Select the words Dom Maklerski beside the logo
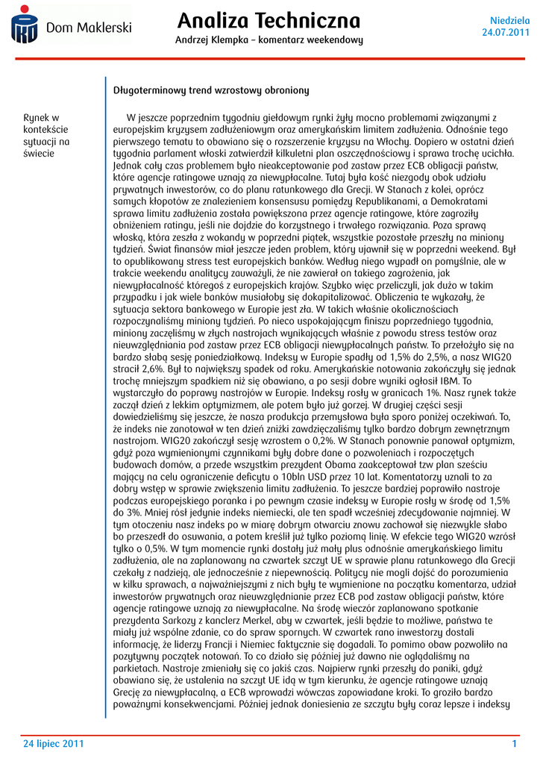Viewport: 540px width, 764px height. point(89,28)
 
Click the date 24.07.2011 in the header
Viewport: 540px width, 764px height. point(506,32)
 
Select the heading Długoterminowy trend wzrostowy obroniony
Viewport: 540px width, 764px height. point(211,90)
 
